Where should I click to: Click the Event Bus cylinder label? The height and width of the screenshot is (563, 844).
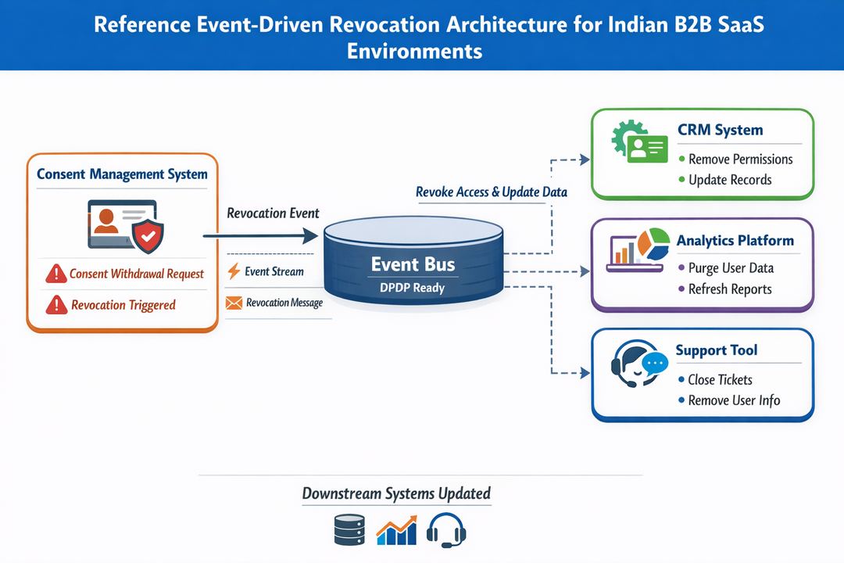(x=414, y=265)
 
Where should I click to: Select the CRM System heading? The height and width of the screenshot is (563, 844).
(x=720, y=130)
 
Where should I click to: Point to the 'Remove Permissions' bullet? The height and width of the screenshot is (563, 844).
(x=740, y=159)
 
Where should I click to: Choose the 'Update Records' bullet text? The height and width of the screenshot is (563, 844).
(x=730, y=180)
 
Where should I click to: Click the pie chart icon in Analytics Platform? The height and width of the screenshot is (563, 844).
(x=653, y=243)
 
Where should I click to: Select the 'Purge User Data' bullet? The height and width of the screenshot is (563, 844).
(x=731, y=267)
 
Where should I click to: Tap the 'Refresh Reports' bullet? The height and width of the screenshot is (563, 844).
(x=730, y=289)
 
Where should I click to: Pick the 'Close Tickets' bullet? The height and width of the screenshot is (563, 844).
(x=720, y=379)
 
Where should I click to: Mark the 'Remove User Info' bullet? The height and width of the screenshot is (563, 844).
(x=734, y=400)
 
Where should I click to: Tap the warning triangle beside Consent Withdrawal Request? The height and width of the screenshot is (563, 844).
(x=55, y=274)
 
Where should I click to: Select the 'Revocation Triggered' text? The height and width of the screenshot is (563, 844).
(x=123, y=305)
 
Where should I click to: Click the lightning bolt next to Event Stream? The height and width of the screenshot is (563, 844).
(x=233, y=271)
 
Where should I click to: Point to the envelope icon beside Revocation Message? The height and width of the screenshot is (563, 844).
(x=233, y=303)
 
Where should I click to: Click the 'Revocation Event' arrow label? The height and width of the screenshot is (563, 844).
(x=273, y=213)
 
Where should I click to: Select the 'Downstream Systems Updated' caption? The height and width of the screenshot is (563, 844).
(x=396, y=493)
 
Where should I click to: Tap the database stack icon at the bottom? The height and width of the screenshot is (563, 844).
(x=349, y=529)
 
